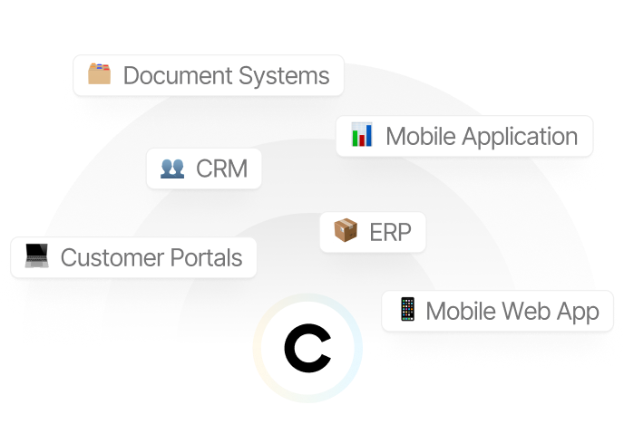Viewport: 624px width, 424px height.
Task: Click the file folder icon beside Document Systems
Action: (99, 73)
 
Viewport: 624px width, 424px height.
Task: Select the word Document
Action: (171, 75)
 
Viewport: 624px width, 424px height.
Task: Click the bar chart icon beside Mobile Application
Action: (362, 136)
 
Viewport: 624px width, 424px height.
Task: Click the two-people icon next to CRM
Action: (172, 168)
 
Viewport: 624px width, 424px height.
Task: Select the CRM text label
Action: (221, 169)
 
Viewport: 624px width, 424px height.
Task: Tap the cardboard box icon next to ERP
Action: (346, 231)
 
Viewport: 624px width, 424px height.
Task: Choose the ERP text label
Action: (391, 233)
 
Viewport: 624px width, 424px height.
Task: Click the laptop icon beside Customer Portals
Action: (37, 256)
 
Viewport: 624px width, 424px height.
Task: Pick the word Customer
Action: (112, 257)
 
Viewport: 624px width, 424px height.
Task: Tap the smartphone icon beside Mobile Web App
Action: (407, 310)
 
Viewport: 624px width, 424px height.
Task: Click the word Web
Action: (527, 312)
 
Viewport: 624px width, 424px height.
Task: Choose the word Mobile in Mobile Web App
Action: (461, 312)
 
